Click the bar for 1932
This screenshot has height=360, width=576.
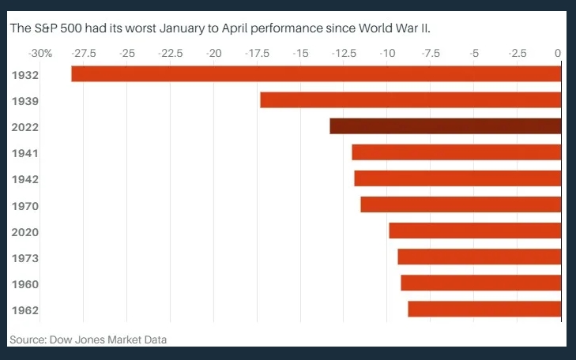(316, 73)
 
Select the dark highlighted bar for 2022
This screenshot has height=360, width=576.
(445, 126)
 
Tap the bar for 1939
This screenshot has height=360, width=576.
(410, 100)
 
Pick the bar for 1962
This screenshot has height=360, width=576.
(484, 309)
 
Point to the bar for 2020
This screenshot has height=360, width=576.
(475, 231)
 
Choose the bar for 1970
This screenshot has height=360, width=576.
(461, 204)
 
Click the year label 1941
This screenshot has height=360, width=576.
(26, 153)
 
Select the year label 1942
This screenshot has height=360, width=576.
(26, 179)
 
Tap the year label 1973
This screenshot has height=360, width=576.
(26, 257)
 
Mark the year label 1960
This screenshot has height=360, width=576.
(26, 283)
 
